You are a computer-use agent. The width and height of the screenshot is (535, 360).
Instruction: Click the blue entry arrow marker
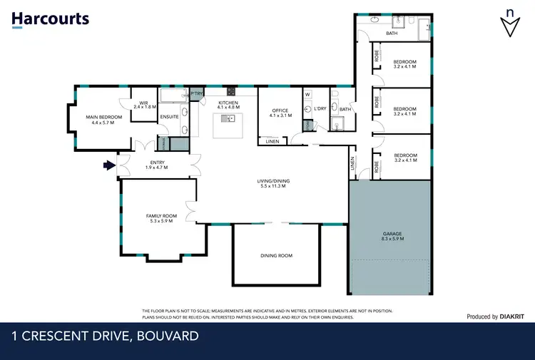108,165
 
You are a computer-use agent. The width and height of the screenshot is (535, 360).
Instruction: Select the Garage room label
392,236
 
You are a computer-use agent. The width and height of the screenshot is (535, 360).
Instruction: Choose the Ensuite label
169,116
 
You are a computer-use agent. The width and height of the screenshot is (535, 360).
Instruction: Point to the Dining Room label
275,255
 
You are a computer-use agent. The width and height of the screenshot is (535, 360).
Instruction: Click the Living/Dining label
273,183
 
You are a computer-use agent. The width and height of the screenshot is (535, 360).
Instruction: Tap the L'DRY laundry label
318,108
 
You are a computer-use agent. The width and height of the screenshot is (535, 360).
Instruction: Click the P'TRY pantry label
196,93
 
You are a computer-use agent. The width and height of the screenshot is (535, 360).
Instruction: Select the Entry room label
156,165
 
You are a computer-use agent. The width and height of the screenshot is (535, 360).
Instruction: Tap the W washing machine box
307,94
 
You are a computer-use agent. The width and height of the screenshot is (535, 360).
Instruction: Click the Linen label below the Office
272,141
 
